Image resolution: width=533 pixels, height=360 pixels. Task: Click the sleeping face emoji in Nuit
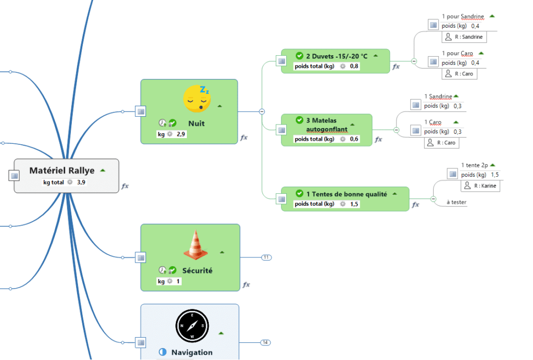[x=197, y=98]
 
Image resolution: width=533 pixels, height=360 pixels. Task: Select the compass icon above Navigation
[x=192, y=326]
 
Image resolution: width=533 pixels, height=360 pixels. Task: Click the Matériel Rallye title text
[x=62, y=170]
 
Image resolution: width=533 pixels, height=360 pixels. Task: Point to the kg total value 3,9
[x=82, y=182]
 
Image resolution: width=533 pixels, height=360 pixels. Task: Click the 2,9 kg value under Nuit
[x=181, y=134]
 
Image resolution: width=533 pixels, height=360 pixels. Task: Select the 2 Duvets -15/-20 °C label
[x=336, y=56]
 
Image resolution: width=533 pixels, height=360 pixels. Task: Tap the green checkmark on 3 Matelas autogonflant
[x=299, y=120]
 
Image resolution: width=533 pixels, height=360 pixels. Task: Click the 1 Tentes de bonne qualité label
[x=346, y=194]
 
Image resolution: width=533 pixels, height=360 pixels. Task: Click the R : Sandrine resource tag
[x=468, y=36]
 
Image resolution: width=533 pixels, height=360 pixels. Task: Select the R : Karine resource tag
[x=480, y=185]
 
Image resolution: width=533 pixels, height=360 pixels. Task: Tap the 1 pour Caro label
[x=458, y=53]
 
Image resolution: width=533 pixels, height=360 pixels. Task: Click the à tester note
[x=456, y=202]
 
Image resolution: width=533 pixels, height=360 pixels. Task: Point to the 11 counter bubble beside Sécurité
[x=266, y=257]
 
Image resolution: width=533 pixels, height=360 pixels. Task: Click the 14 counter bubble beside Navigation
[x=265, y=342]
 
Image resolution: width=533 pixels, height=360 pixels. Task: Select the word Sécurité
[x=197, y=270]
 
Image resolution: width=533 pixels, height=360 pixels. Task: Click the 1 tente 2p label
[x=474, y=165]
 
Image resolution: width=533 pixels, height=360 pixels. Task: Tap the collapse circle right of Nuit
[x=262, y=111]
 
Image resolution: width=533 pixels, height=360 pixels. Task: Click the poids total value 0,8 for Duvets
[x=354, y=66]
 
